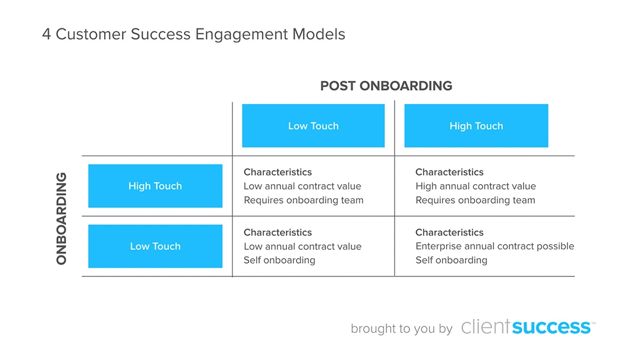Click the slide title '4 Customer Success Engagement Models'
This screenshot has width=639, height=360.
pyautogui.click(x=193, y=34)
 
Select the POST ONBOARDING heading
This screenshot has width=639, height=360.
pyautogui.click(x=386, y=86)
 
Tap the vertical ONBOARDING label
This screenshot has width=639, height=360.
pyautogui.click(x=62, y=218)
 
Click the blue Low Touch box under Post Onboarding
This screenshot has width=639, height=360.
pyautogui.click(x=313, y=126)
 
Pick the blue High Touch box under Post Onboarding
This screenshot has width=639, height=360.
pyautogui.click(x=476, y=126)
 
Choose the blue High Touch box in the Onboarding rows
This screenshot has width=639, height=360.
pyautogui.click(x=155, y=186)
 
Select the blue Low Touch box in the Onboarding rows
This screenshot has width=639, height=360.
pyautogui.click(x=155, y=246)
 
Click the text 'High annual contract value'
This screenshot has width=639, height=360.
pyautogui.click(x=475, y=186)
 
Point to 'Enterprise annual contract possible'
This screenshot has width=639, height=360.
pyautogui.click(x=494, y=246)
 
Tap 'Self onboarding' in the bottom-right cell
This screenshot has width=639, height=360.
pyautogui.click(x=451, y=260)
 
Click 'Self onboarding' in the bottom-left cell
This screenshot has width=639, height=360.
pyautogui.click(x=279, y=260)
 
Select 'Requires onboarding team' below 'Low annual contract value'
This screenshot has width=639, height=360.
pyautogui.click(x=303, y=200)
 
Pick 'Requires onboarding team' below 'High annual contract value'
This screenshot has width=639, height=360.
pyautogui.click(x=475, y=200)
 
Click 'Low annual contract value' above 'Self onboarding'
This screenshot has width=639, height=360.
pyautogui.click(x=302, y=246)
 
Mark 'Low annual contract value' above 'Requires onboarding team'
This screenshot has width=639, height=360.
pyautogui.click(x=302, y=186)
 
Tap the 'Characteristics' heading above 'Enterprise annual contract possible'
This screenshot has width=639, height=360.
pyautogui.click(x=449, y=232)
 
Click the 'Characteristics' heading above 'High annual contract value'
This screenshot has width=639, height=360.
pyautogui.click(x=449, y=172)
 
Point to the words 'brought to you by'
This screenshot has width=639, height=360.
pyautogui.click(x=401, y=329)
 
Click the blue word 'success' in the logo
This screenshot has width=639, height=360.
pyautogui.click(x=551, y=327)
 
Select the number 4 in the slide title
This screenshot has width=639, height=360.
pyautogui.click(x=46, y=34)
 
